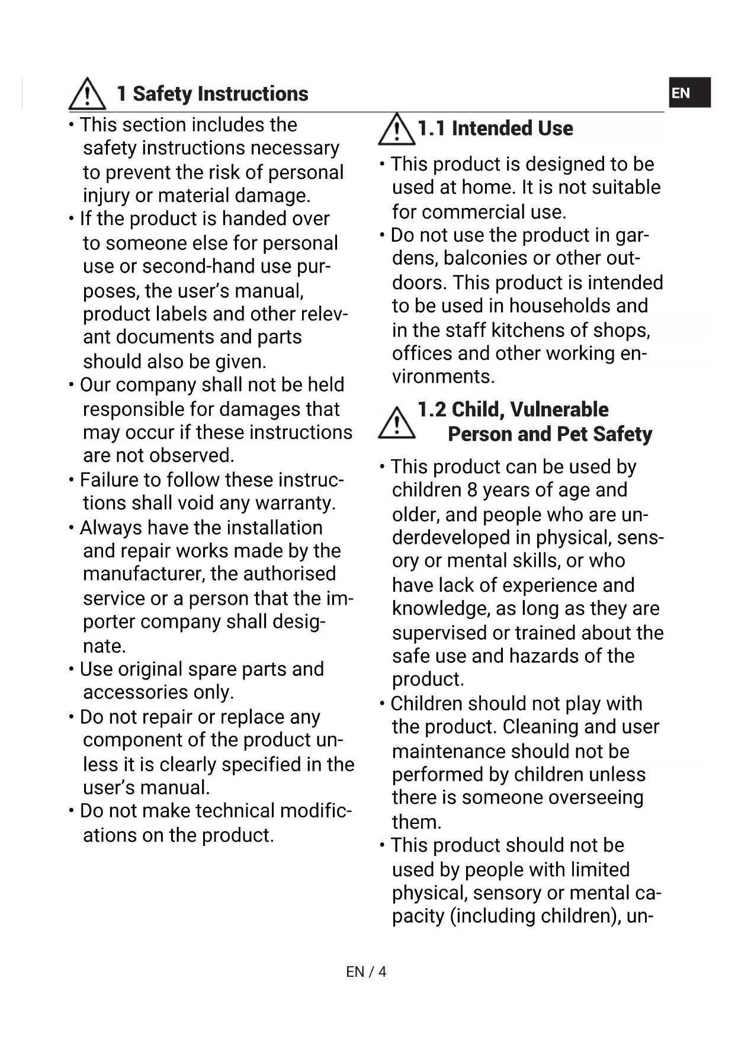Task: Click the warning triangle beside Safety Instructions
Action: pos(87,94)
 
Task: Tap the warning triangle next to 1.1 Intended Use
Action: pos(396,129)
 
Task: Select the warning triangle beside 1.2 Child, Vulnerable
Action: pos(396,422)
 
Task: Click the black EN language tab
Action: pos(689,93)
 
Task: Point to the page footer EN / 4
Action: pos(366,971)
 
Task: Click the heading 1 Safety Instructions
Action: pos(212,94)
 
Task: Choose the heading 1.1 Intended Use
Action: pos(495,129)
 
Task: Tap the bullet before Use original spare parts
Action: pos(71,669)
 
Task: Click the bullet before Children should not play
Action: pos(382,704)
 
